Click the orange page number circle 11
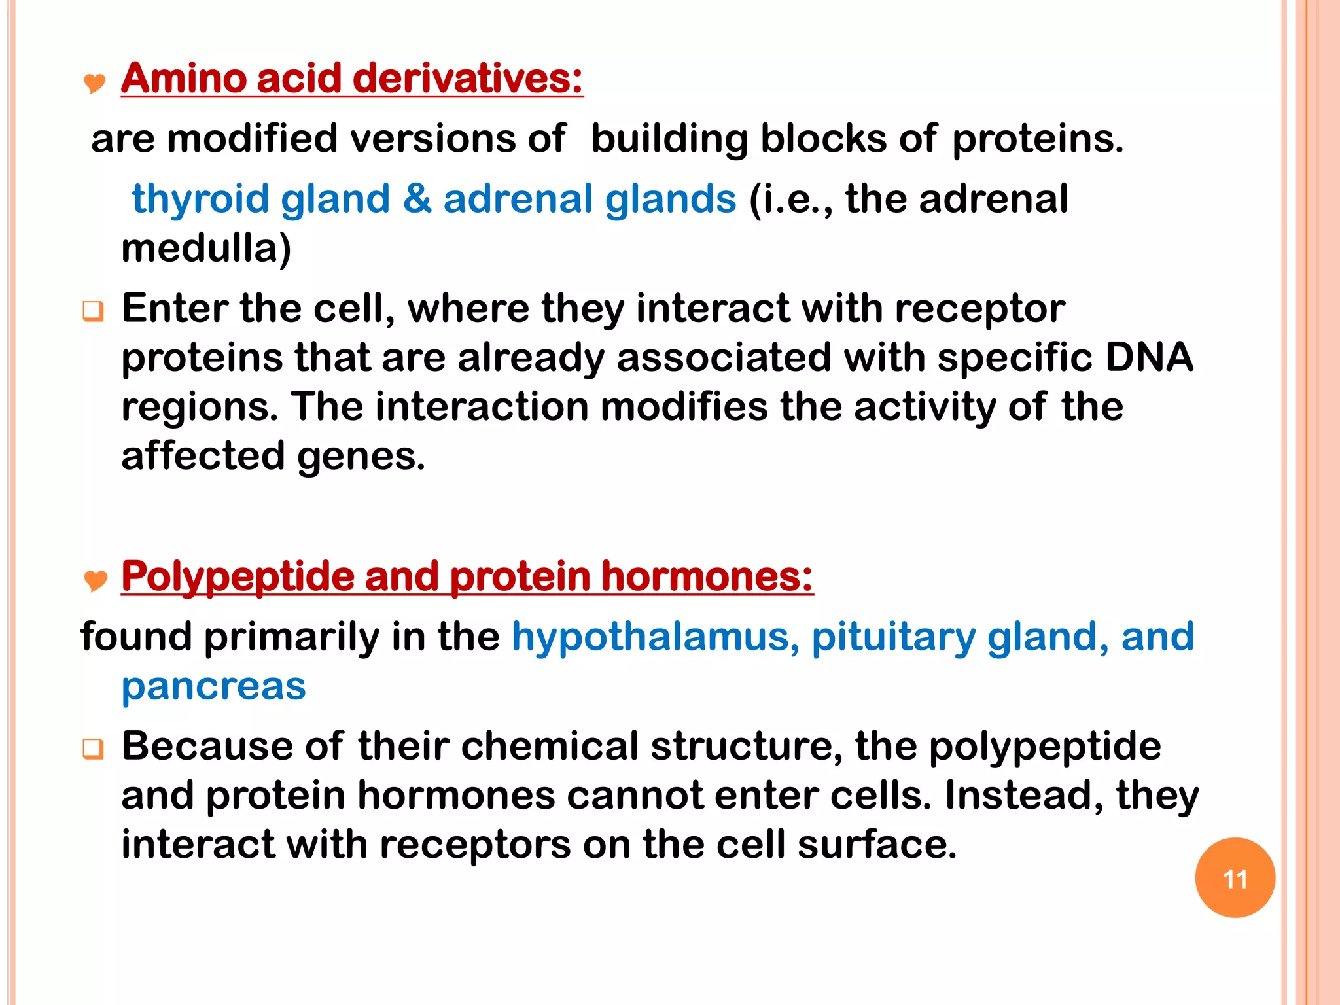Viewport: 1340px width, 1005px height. point(1235,878)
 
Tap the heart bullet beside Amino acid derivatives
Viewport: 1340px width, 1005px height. point(95,83)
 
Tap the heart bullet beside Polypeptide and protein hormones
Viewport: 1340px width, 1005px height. point(96,580)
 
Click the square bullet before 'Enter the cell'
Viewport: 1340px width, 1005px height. point(94,311)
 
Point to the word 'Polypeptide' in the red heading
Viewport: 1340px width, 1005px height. point(237,576)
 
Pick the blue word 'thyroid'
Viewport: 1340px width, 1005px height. point(200,199)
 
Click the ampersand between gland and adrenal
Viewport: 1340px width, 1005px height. point(417,199)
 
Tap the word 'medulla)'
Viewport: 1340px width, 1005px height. point(206,249)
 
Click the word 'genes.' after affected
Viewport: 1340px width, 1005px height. point(361,457)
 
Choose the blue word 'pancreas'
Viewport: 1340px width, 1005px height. point(213,686)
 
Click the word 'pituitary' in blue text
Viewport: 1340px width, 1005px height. point(893,637)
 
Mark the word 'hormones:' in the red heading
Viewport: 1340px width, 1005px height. point(707,576)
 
